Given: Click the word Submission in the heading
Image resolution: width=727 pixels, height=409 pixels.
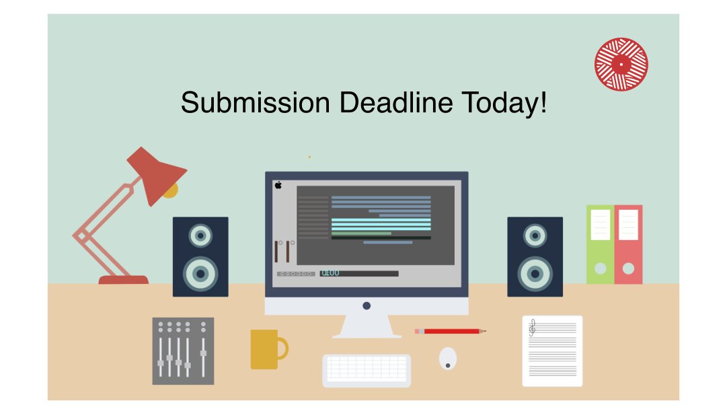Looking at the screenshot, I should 255,103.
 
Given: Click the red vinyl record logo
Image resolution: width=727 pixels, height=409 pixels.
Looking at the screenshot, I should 621,64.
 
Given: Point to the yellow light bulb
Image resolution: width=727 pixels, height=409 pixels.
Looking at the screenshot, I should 170,190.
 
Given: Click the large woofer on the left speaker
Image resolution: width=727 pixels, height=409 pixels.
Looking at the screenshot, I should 200,273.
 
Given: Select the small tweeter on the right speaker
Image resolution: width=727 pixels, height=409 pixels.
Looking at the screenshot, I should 535,235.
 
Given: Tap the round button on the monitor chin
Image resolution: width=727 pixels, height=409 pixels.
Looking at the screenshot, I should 367,305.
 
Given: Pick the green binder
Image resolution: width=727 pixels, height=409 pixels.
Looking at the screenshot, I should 600,244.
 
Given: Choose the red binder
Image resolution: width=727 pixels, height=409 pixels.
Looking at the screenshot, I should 628,244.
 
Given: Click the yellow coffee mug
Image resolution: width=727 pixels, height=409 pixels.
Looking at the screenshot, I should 266,348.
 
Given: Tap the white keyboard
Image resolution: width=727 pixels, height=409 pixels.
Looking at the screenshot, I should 367,369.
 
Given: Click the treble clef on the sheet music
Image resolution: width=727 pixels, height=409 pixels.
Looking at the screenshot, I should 533,328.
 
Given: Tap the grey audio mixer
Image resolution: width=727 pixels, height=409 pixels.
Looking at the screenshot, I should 183,350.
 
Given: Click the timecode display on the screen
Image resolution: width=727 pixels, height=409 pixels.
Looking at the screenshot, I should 330,273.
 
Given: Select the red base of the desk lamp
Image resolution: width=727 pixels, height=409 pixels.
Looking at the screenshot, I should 123,279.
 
